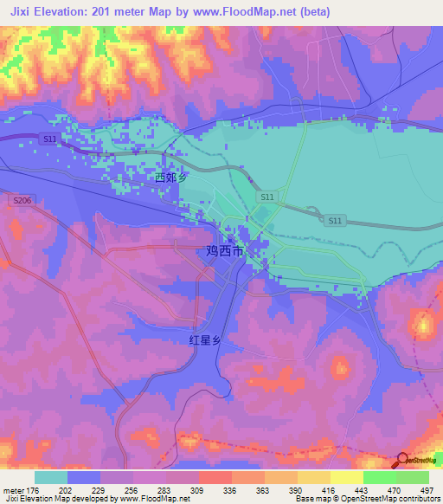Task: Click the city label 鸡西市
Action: [224, 252]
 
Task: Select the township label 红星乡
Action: [205, 340]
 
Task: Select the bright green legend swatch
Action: [379, 476]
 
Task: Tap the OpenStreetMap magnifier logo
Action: [402, 461]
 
